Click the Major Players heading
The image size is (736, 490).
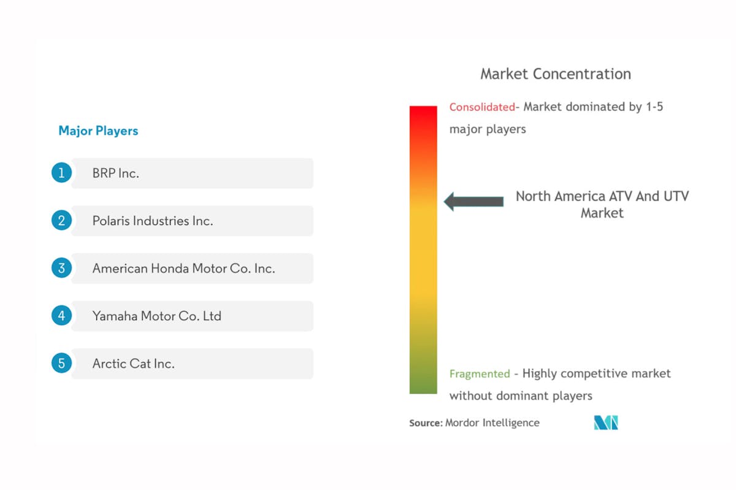98,131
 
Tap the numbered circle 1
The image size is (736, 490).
61,172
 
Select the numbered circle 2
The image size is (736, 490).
61,220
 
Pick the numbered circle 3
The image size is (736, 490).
61,268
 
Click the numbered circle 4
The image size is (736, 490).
61,315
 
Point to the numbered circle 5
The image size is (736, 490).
61,363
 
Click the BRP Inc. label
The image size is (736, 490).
116,173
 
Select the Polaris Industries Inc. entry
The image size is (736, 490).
153,221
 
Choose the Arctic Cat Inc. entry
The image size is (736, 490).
134,364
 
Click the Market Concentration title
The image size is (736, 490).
556,74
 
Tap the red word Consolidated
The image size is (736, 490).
482,107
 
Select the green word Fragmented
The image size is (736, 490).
480,374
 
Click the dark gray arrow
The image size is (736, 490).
473,201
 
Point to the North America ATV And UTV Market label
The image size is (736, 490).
602,204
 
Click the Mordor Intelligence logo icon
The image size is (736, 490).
606,423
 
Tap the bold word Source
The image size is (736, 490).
426,423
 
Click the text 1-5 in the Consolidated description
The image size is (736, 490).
654,107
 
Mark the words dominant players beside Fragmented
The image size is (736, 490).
544,396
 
